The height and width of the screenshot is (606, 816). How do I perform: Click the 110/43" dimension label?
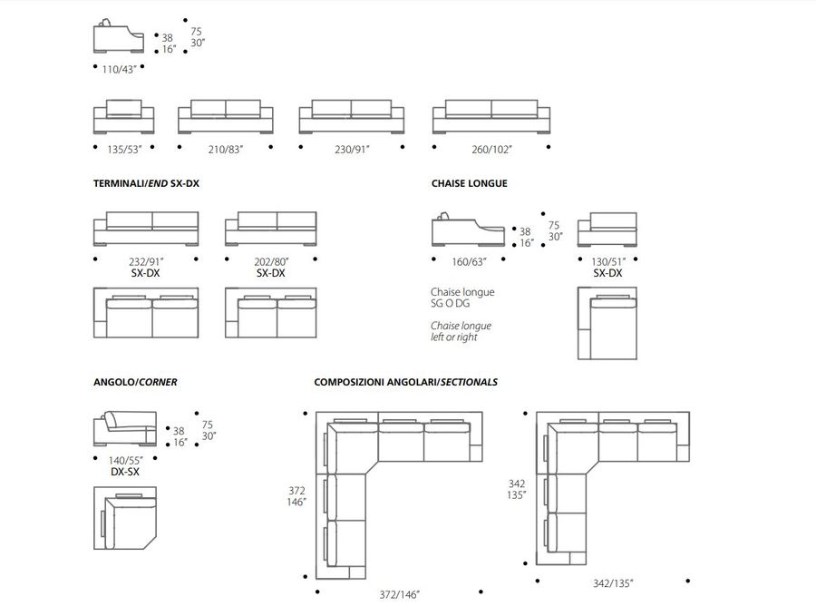(x=118, y=69)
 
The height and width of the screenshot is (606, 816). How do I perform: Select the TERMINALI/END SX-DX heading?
(x=146, y=183)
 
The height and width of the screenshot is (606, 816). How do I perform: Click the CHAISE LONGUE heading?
(x=470, y=183)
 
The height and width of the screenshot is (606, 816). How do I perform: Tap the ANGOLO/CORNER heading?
(x=135, y=382)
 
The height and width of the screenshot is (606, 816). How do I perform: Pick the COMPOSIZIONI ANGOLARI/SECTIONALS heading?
(x=405, y=382)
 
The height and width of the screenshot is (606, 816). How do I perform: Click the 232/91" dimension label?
(x=146, y=261)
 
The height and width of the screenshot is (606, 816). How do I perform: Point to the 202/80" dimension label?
(x=271, y=261)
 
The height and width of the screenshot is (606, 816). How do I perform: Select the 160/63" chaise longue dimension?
(x=469, y=261)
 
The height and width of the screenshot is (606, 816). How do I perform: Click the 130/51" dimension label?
(x=607, y=261)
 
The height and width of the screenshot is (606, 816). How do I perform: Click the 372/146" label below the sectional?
(x=398, y=595)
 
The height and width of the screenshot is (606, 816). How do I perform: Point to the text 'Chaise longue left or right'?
(x=461, y=331)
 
